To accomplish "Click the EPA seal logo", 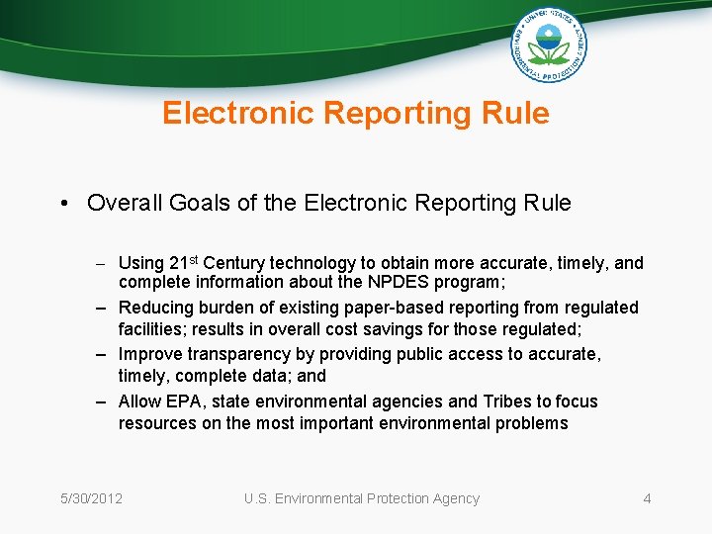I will point(549,44).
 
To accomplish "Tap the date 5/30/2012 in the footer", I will point(90,498).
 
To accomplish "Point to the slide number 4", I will point(647,498).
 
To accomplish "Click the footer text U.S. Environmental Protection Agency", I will point(362,498).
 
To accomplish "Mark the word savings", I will point(434,330).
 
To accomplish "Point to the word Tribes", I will point(508,401).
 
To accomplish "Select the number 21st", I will point(184,263).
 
